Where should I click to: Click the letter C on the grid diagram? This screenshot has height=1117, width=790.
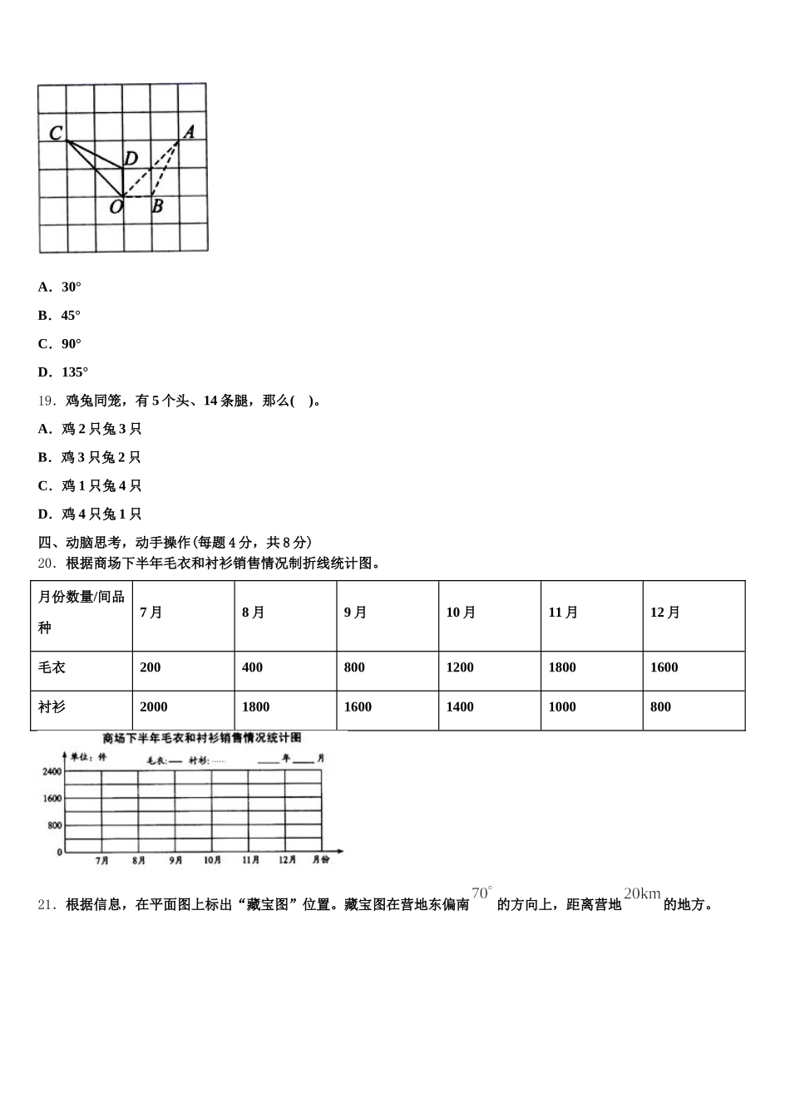click(x=56, y=133)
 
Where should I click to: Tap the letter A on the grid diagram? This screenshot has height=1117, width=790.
click(x=189, y=131)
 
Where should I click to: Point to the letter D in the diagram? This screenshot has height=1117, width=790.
click(x=131, y=158)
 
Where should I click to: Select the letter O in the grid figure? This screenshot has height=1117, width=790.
click(x=116, y=207)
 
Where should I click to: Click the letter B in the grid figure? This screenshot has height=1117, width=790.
click(x=157, y=206)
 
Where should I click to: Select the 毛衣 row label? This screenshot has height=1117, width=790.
click(x=52, y=667)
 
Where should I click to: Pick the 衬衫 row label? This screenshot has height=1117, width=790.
click(x=52, y=707)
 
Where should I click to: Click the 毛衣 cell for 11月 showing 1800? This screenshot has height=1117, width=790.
click(x=562, y=667)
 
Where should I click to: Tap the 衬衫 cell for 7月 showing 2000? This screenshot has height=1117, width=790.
click(x=153, y=707)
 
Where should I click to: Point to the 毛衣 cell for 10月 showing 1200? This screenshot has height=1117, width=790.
click(x=460, y=667)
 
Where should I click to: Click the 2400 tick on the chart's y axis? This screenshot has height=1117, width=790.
click(x=52, y=772)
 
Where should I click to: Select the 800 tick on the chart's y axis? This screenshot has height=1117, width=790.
click(x=54, y=825)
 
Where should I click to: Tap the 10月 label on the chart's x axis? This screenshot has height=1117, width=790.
click(x=212, y=860)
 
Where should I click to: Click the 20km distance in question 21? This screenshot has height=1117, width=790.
click(x=642, y=894)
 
